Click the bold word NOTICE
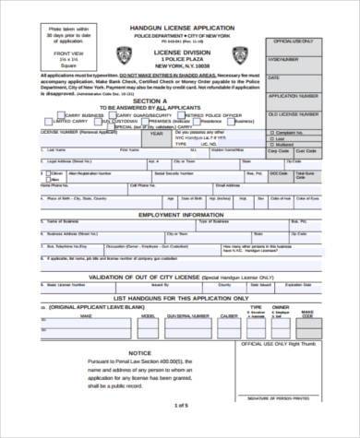click(139, 353)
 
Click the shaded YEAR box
click(156, 133)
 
